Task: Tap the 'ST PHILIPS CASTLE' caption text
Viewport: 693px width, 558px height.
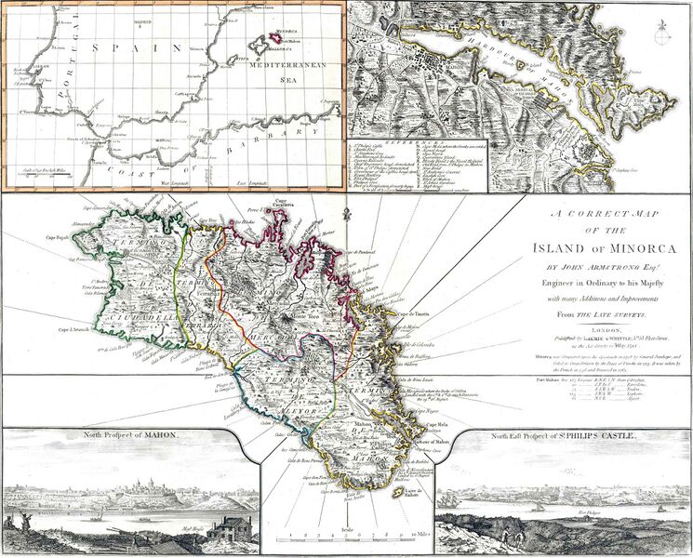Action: pyautogui.click(x=593, y=435)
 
